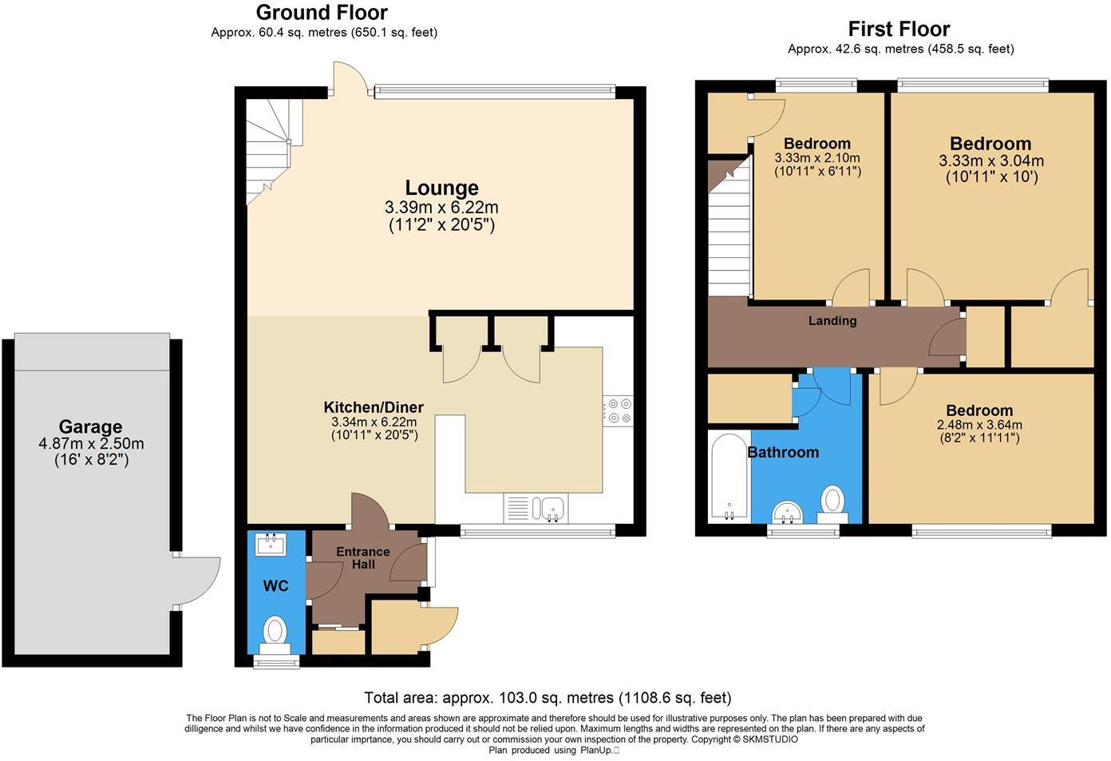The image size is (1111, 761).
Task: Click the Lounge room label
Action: click(x=442, y=188)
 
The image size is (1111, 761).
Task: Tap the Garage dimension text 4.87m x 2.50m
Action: click(x=91, y=443)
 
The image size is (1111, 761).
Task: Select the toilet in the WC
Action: click(x=275, y=636)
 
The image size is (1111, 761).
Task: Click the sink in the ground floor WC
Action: click(x=271, y=545)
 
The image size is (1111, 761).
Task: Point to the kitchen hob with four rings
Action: click(x=618, y=410)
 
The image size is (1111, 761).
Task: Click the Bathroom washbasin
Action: click(x=788, y=513)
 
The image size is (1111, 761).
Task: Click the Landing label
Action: click(x=832, y=321)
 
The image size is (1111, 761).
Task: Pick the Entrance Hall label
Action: click(x=363, y=557)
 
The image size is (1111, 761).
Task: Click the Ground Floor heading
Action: click(x=322, y=13)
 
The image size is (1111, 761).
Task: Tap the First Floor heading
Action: click(x=899, y=29)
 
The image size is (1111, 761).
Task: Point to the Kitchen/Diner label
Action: click(x=374, y=407)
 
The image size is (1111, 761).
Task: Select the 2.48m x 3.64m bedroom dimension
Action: click(x=979, y=425)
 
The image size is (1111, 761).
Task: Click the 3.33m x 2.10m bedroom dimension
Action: click(x=817, y=158)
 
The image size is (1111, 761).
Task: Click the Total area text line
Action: click(x=548, y=698)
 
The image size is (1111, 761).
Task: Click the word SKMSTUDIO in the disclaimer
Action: click(x=770, y=739)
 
